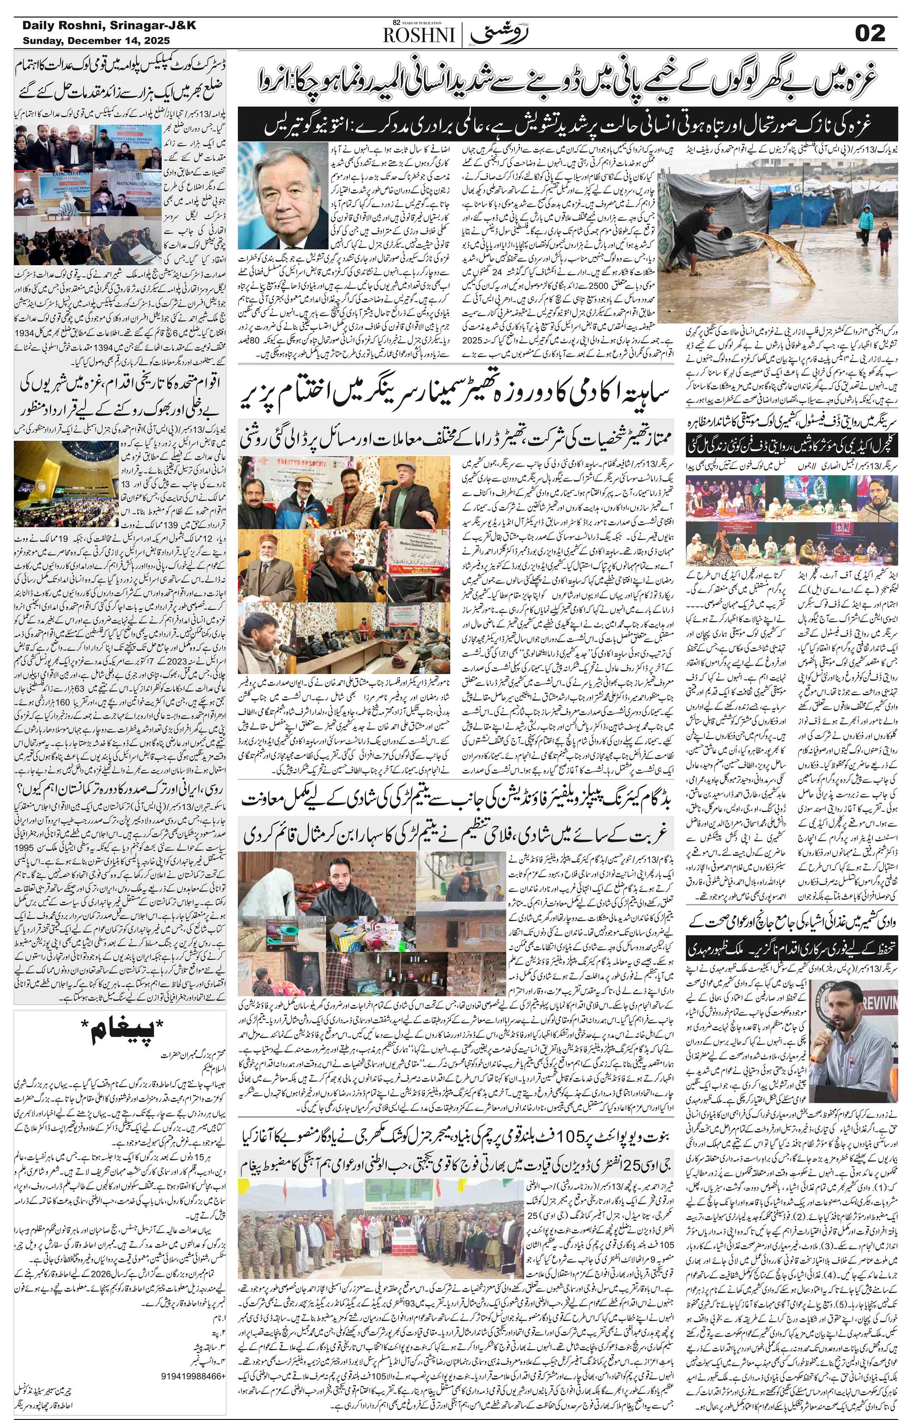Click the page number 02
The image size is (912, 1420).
click(869, 33)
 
